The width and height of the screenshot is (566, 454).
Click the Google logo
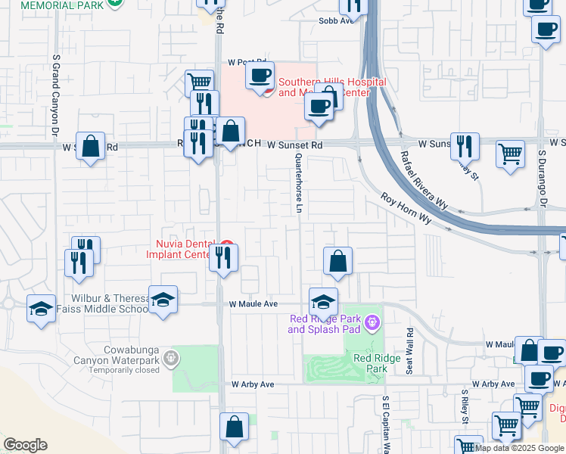click(25, 445)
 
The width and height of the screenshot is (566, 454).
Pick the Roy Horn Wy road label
click(406, 209)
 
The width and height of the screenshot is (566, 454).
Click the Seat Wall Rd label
click(409, 350)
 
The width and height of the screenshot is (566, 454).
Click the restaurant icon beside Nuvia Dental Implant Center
click(223, 257)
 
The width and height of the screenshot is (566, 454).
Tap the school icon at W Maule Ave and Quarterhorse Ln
click(323, 301)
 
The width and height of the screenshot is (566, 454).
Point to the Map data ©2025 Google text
click(520, 448)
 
